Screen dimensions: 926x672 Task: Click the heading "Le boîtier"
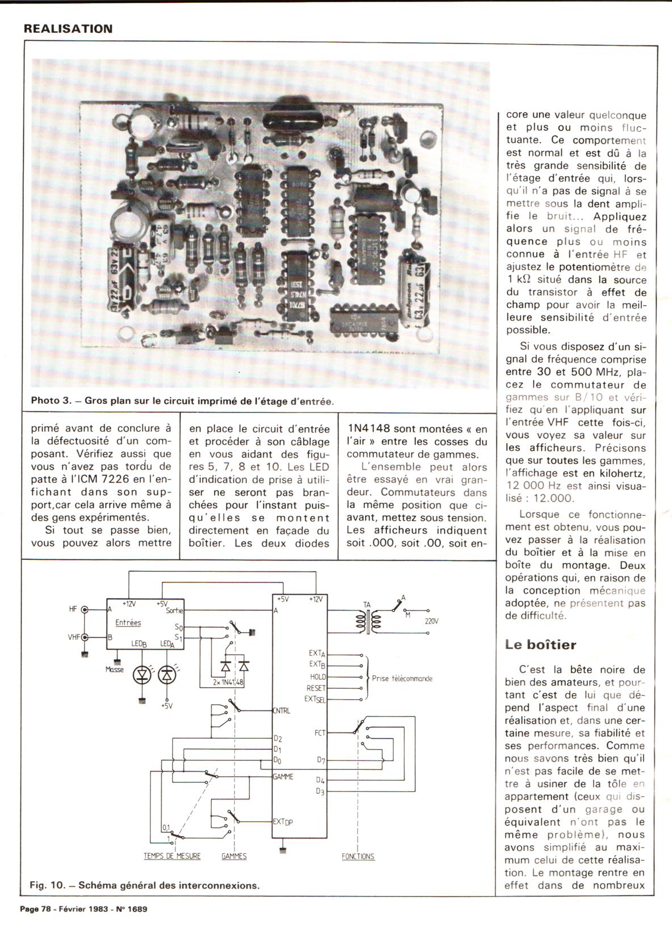click(x=540, y=645)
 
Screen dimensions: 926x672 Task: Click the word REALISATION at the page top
click(x=68, y=29)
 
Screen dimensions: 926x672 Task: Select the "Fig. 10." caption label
click(x=46, y=885)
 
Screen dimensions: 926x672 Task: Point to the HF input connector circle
click(x=85, y=610)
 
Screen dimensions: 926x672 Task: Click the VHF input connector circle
click(x=85, y=637)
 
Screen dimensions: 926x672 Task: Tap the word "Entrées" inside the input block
click(x=128, y=622)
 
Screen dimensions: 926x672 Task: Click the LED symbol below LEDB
click(x=141, y=675)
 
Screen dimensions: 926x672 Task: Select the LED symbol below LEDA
click(x=166, y=675)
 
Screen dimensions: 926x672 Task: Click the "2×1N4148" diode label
click(x=228, y=682)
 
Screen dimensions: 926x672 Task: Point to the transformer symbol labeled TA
click(x=367, y=620)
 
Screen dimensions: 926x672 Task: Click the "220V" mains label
click(x=431, y=621)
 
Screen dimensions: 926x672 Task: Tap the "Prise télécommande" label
click(x=402, y=678)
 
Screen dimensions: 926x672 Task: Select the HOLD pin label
click(x=318, y=677)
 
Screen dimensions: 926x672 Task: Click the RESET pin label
click(x=316, y=688)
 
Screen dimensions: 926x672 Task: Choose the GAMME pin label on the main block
click(x=283, y=777)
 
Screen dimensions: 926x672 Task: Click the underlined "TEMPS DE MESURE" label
click(x=172, y=856)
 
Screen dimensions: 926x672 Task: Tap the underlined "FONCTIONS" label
click(x=358, y=856)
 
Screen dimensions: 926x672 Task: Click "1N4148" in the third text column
click(x=369, y=429)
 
